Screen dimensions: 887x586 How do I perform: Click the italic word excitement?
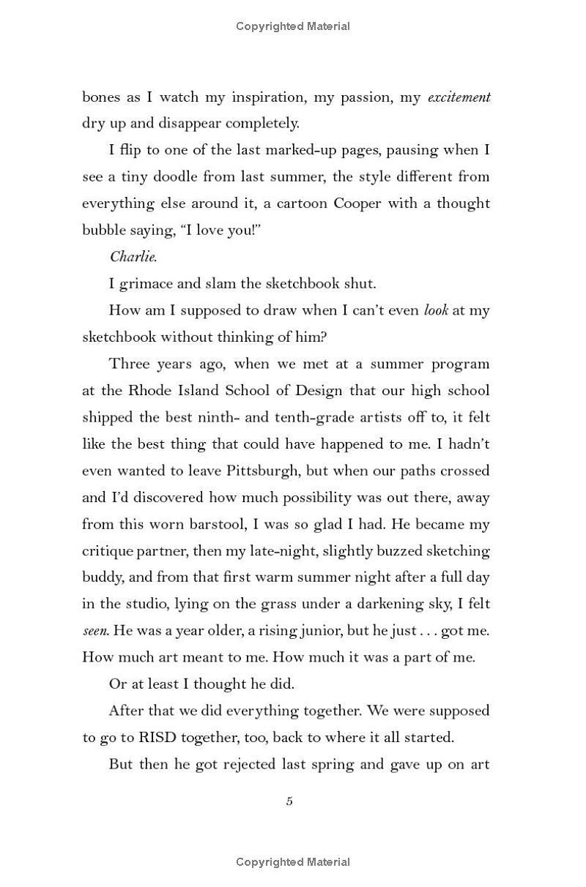[459, 97]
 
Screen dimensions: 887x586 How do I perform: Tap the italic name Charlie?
[133, 256]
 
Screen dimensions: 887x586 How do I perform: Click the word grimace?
[146, 283]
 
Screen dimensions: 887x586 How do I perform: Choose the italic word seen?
[94, 631]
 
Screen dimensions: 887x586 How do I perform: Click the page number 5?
[289, 801]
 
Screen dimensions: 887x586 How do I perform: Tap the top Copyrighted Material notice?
[293, 26]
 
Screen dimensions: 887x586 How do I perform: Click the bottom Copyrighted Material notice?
[293, 862]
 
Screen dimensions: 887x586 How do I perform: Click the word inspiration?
[276, 97]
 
